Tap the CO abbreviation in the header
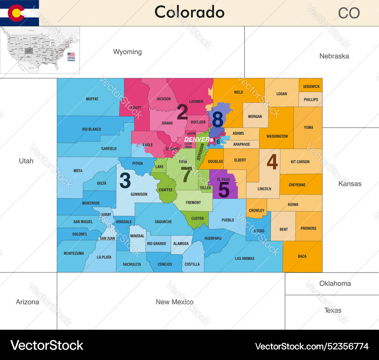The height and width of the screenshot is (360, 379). click(x=349, y=13)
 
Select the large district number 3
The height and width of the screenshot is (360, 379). click(x=125, y=181)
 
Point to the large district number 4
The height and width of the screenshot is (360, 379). click(x=272, y=162)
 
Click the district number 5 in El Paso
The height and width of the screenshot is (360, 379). click(x=224, y=190)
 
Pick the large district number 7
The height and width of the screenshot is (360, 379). click(x=186, y=175)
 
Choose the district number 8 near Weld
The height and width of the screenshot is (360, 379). click(x=218, y=120)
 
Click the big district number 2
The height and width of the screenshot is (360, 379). click(x=182, y=112)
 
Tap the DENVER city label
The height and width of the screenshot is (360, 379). click(x=196, y=140)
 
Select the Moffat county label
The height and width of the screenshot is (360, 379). click(x=92, y=99)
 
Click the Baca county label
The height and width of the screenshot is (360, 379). click(x=302, y=257)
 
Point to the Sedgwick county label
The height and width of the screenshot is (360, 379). click(x=311, y=87)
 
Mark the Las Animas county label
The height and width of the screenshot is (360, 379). click(x=244, y=259)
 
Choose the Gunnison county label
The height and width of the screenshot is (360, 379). click(x=139, y=195)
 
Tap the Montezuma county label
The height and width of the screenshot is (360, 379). click(x=74, y=254)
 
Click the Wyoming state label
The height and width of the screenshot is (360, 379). click(x=127, y=52)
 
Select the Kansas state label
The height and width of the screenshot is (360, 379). click(x=350, y=184)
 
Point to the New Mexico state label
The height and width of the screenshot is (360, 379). click(x=174, y=302)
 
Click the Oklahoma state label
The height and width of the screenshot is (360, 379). click(x=335, y=283)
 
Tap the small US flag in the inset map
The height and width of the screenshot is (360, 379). click(x=71, y=55)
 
